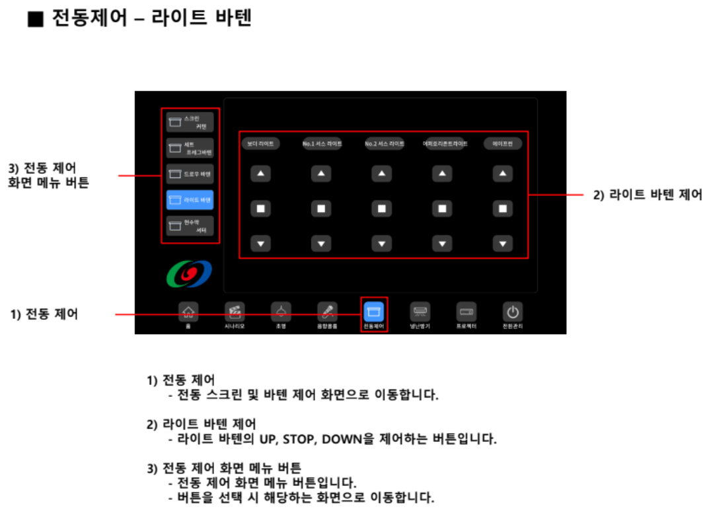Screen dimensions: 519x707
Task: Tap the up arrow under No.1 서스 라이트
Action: tap(321, 174)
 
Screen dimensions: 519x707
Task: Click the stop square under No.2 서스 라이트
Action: tap(381, 209)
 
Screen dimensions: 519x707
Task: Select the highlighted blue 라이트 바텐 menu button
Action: tap(190, 199)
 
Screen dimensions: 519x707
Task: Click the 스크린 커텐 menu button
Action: tap(190, 122)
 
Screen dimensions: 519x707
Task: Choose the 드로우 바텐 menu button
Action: tap(190, 174)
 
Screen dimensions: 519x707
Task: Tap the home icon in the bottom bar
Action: tap(188, 312)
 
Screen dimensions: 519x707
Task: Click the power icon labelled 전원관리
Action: tap(512, 312)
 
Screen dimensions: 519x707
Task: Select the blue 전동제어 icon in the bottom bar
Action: tap(374, 312)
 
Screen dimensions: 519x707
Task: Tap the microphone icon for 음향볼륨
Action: tap(327, 312)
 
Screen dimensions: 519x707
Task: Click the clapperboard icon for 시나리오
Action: tap(235, 312)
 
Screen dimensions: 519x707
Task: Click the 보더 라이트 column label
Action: tap(260, 143)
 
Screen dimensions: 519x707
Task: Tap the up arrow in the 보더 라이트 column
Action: tap(260, 174)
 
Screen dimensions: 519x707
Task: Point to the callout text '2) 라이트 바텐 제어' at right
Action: tap(647, 195)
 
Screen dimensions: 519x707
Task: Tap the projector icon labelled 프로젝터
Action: tap(466, 312)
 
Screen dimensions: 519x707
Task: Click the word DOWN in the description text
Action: tap(342, 438)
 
